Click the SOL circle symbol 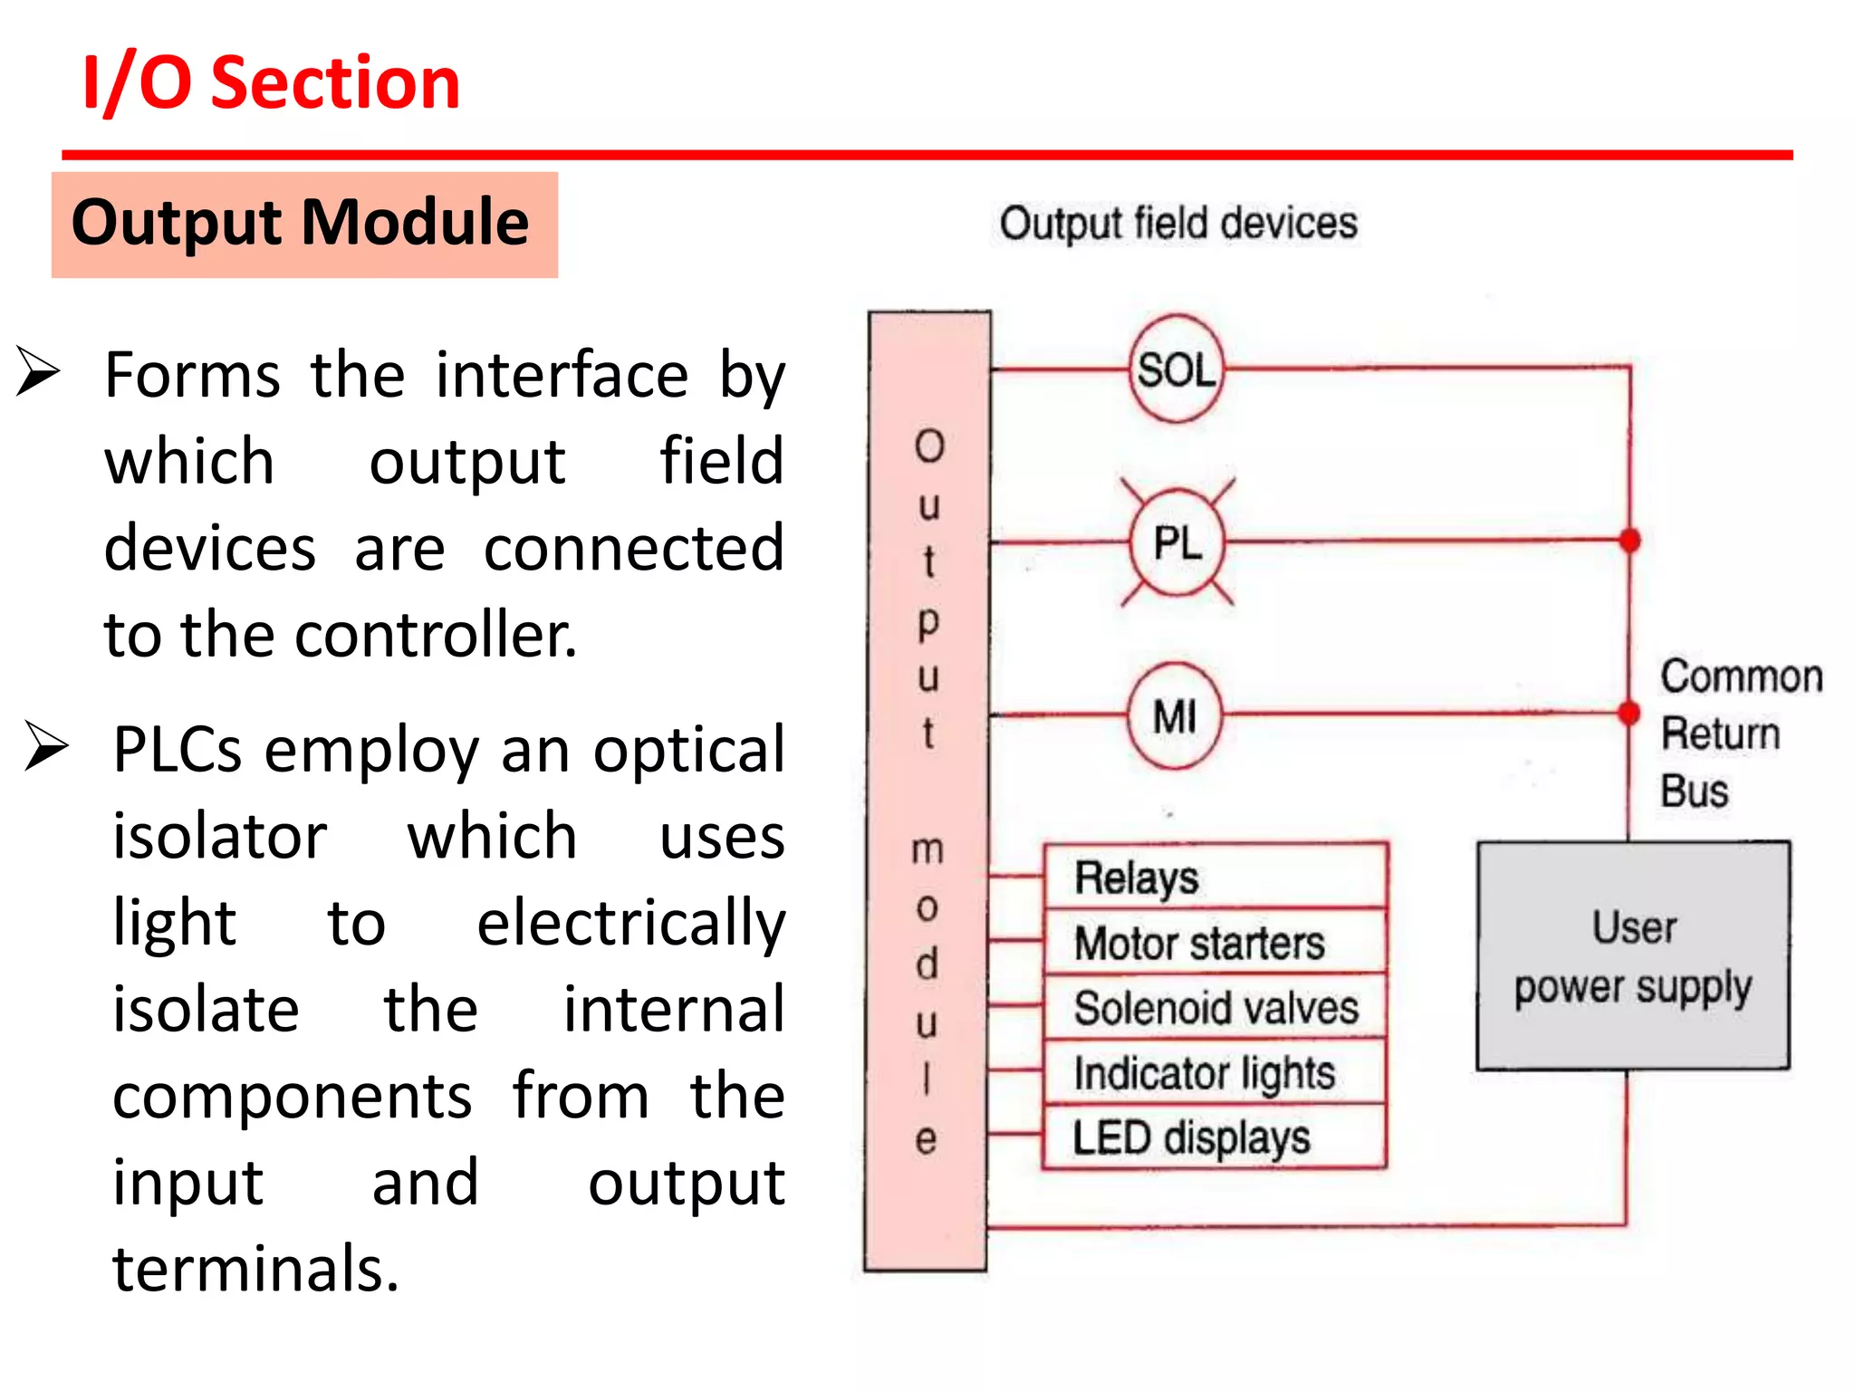coord(1176,369)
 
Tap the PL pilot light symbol coord(1177,543)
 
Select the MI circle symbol coord(1175,716)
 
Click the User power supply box coord(1632,956)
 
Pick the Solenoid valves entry coord(1216,1008)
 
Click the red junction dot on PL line coord(1629,541)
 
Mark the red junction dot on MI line coord(1629,714)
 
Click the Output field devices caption coord(1177,223)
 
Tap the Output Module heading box coord(304,225)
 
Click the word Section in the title coord(335,83)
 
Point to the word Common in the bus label coord(1740,676)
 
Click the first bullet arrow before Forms coord(38,372)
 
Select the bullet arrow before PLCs coord(46,746)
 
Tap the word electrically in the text coord(630,924)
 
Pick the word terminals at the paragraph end coord(255,1269)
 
